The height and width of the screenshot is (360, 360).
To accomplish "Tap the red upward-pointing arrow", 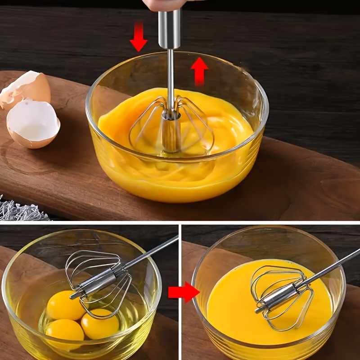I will pyautogui.click(x=199, y=71).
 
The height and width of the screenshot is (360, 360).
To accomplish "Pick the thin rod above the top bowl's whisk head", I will pyautogui.click(x=170, y=76).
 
